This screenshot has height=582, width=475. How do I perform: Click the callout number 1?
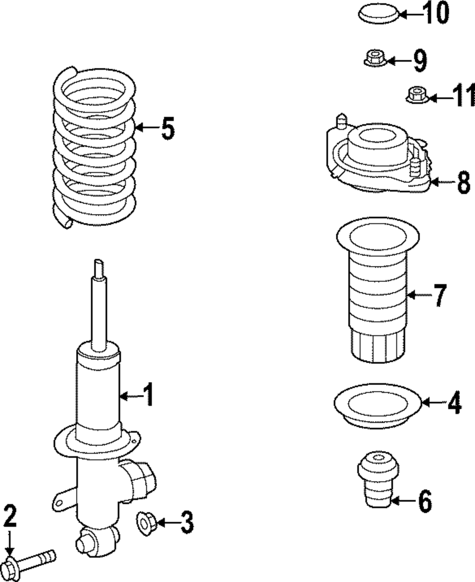(x=149, y=395)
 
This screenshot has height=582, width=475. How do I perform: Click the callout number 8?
(x=463, y=182)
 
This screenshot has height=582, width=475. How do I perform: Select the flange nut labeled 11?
(x=417, y=94)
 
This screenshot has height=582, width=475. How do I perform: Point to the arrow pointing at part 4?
(x=432, y=403)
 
